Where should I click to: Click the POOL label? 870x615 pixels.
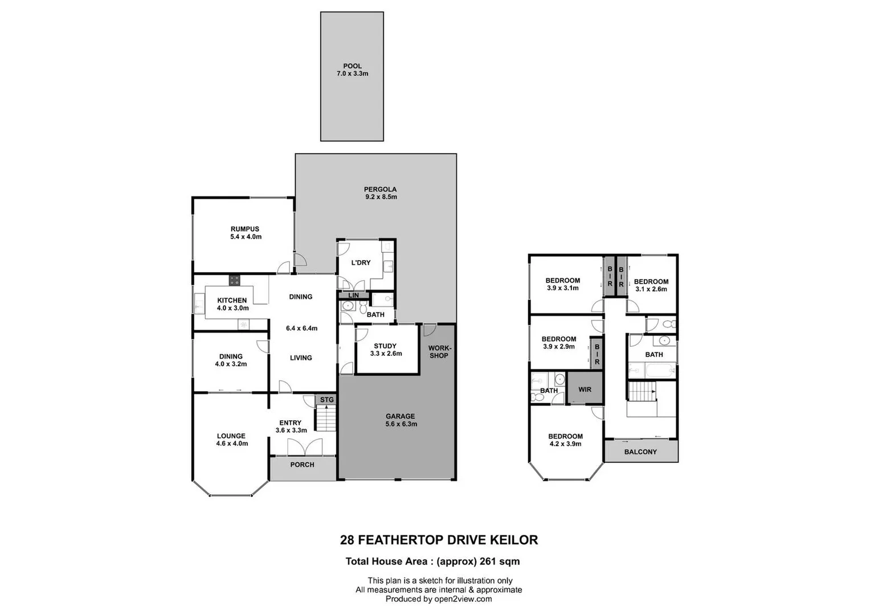tap(352, 66)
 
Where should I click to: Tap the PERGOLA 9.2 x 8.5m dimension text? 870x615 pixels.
tap(381, 197)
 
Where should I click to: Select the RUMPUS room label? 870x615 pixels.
tap(245, 229)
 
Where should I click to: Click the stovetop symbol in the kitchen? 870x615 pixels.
tap(234, 280)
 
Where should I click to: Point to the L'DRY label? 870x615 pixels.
tap(361, 263)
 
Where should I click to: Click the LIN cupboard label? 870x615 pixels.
tap(353, 296)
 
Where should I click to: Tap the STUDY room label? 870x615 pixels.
tap(385, 346)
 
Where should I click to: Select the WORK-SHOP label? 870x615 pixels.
tap(439, 352)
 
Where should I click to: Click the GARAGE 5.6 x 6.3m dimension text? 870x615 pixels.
tap(401, 424)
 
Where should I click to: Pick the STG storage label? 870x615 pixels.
tap(326, 400)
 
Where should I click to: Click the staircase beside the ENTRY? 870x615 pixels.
tap(326, 419)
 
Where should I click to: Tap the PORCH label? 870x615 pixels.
tap(302, 465)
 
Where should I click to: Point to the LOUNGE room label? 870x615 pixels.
tap(231, 436)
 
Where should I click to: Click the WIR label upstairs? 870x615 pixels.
tap(585, 389)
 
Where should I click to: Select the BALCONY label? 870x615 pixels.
tap(640, 452)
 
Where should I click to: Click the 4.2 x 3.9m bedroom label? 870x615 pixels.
tap(565, 444)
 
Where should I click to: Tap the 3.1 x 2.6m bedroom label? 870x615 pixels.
tap(651, 289)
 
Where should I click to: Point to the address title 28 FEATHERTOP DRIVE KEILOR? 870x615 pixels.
tap(439, 540)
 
